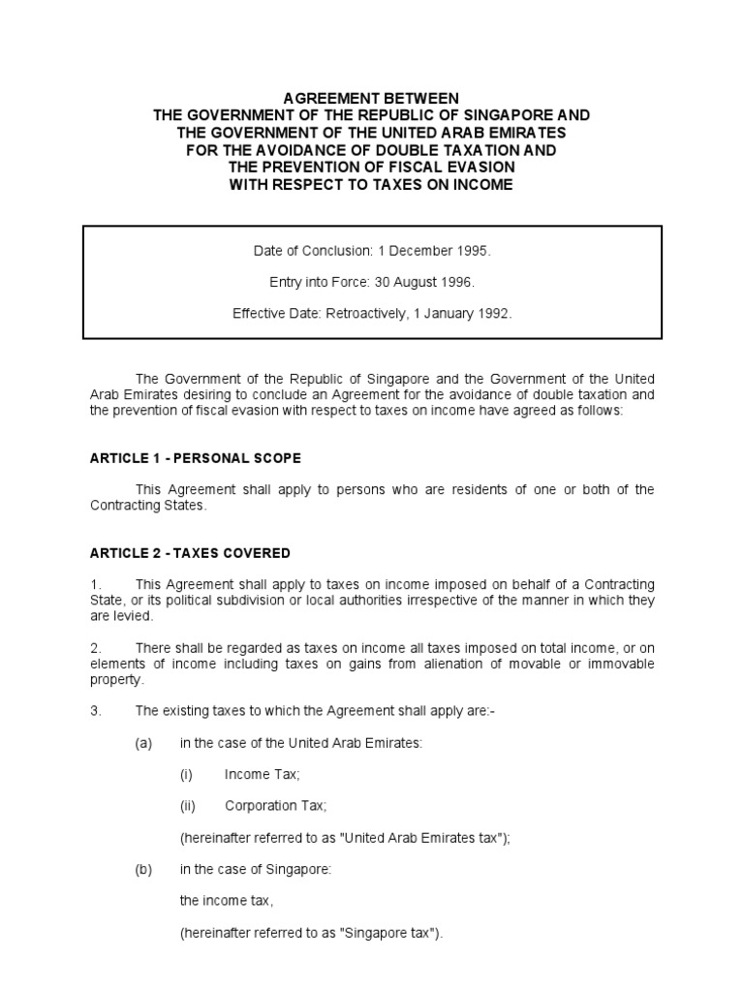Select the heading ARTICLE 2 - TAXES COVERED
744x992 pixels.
pyautogui.click(x=190, y=553)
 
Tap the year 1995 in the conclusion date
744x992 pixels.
pyautogui.click(x=472, y=251)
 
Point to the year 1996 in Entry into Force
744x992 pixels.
pyautogui.click(x=458, y=282)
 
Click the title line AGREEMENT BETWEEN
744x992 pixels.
pyautogui.click(x=371, y=98)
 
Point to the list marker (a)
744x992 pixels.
pyautogui.click(x=143, y=742)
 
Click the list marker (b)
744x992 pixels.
pyautogui.click(x=143, y=869)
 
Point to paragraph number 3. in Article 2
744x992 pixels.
pyautogui.click(x=96, y=710)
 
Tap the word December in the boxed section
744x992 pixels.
pyautogui.click(x=418, y=251)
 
